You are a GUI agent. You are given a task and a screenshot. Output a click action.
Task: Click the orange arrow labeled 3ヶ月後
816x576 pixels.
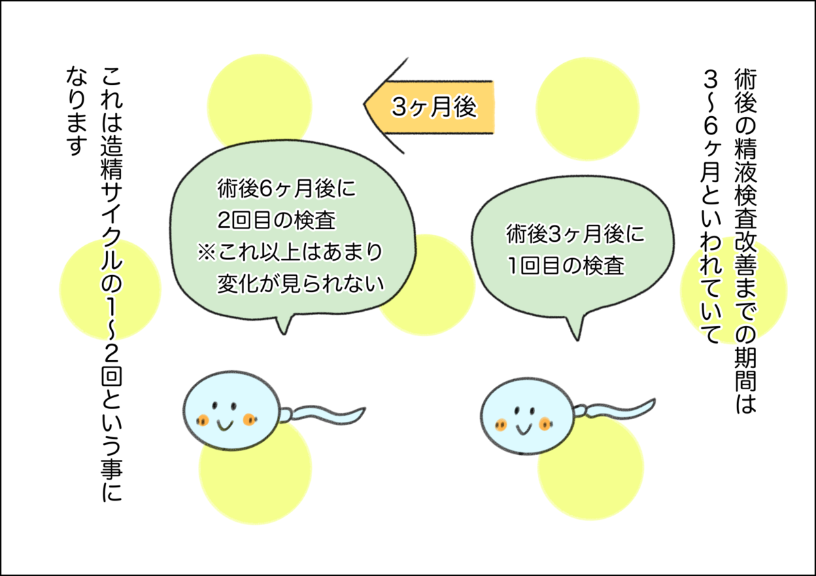pos(430,106)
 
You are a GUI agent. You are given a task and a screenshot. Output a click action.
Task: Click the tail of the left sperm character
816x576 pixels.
pos(324,415)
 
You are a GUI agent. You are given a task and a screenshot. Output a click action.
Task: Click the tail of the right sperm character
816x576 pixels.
pos(615,410)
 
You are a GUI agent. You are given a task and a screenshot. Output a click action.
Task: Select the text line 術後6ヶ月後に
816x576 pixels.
pos(286,188)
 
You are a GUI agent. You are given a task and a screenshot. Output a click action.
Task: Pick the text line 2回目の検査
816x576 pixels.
pos(277,220)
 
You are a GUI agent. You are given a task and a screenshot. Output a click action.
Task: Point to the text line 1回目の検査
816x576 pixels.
pos(566,266)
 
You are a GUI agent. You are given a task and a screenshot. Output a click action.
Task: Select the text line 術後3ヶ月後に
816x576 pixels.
pos(575,234)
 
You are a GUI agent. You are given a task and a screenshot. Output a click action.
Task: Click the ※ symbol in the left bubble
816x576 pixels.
pos(207,252)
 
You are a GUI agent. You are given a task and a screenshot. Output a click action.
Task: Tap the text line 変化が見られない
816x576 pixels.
pos(301,283)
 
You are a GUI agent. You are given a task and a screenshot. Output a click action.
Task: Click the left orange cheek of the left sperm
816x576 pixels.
pos(202,420)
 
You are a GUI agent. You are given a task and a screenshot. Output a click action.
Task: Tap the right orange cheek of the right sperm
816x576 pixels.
pos(545,424)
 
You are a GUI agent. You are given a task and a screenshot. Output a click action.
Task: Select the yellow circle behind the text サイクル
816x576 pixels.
pos(110,289)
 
